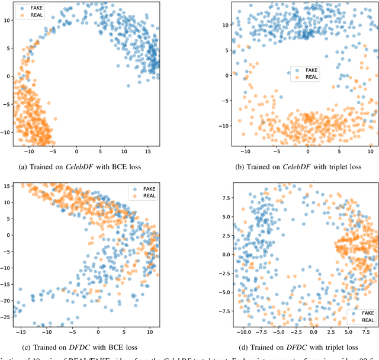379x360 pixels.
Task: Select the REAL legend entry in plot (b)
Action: tap(311, 78)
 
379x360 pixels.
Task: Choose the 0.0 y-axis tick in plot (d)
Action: tap(223, 255)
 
